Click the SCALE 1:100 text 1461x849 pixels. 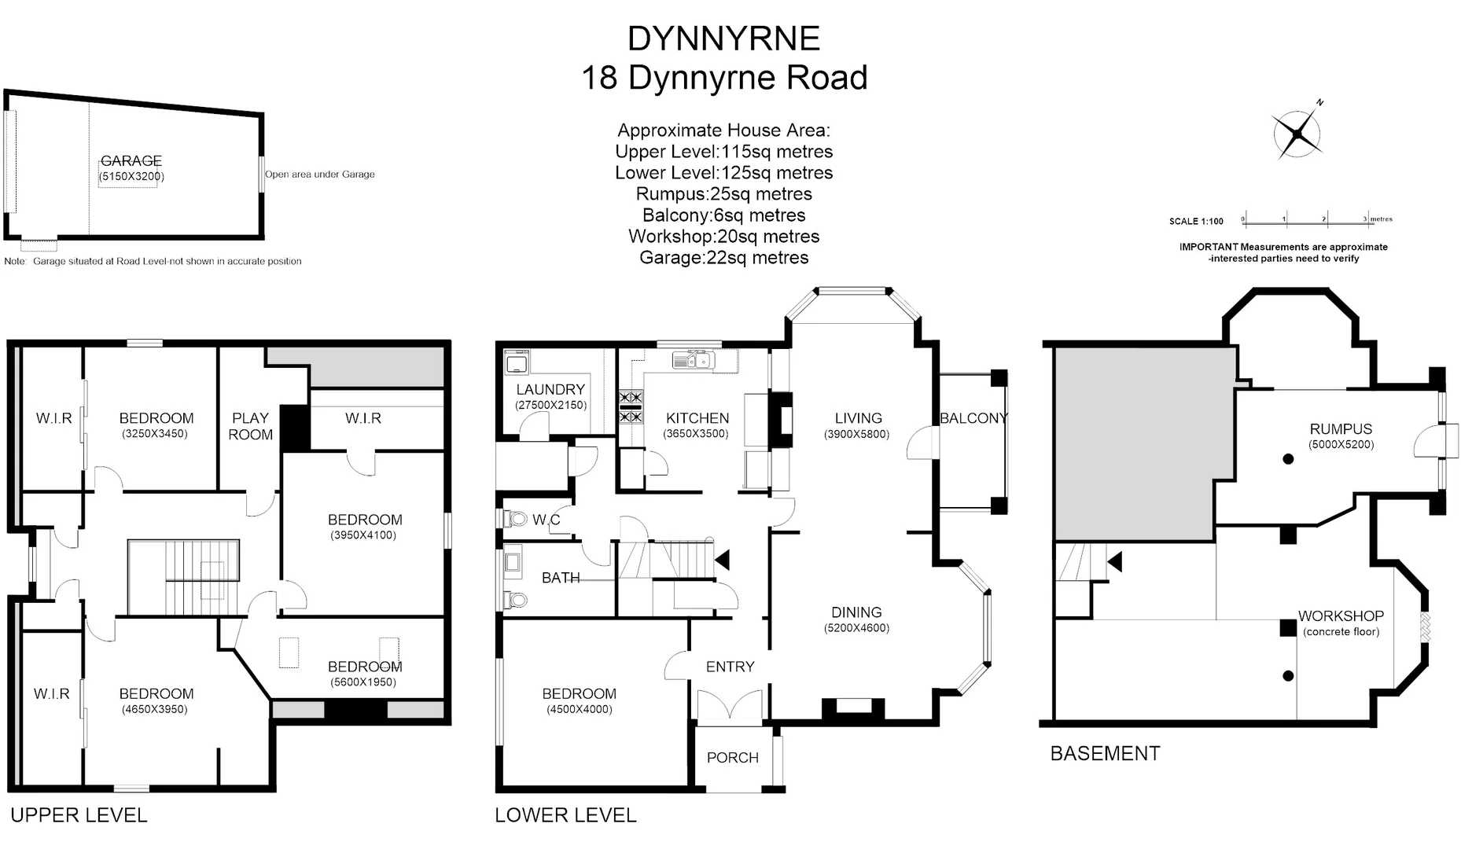1196,222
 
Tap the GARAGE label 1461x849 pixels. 131,161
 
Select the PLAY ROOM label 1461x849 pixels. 251,426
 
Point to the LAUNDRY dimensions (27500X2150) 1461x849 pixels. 550,406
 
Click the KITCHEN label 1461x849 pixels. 697,418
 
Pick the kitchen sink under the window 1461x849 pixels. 692,361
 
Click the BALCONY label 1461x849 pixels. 973,418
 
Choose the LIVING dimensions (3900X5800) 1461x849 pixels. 857,435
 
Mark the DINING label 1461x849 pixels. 856,612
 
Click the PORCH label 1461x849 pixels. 732,758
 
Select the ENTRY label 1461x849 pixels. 730,667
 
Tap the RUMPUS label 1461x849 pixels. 1341,429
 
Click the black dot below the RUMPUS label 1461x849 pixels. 1288,459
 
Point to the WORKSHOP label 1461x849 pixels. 1341,616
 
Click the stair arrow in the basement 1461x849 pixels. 1114,561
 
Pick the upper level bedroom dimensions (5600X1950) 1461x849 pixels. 363,682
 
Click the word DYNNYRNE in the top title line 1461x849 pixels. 723,39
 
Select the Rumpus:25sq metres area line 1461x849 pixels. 723,194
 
